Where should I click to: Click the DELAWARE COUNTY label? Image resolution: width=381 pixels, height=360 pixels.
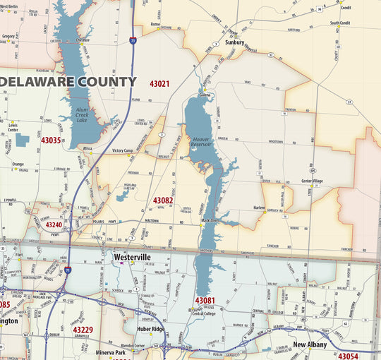coord(68,82)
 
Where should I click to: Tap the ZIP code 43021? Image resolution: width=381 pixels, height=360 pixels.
coord(159,84)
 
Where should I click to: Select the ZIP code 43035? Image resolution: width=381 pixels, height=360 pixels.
coord(51,140)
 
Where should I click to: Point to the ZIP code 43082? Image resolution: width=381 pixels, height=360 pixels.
coord(163,200)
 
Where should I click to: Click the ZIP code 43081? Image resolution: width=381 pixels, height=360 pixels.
coord(205,301)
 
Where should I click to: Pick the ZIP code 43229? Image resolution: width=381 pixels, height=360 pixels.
coord(83,330)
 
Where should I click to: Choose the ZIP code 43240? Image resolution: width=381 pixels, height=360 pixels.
coord(54,225)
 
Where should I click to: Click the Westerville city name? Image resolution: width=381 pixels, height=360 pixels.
coord(132,258)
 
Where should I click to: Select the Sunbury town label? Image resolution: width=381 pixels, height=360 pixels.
coord(234,42)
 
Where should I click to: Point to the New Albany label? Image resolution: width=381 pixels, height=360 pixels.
coord(309,344)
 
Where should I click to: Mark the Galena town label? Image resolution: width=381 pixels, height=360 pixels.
coord(205,94)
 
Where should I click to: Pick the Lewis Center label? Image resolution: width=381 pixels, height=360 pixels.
coord(13,127)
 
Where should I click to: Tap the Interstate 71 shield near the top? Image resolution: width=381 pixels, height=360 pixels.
coord(133,41)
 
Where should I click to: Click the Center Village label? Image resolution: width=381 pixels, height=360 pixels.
coord(312,181)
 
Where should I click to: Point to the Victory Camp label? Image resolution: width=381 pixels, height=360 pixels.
coord(123,150)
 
